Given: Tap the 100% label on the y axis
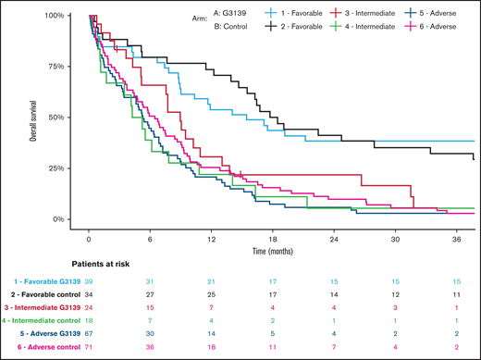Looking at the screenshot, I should click(52, 17).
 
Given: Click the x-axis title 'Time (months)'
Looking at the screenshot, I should click(276, 250).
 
